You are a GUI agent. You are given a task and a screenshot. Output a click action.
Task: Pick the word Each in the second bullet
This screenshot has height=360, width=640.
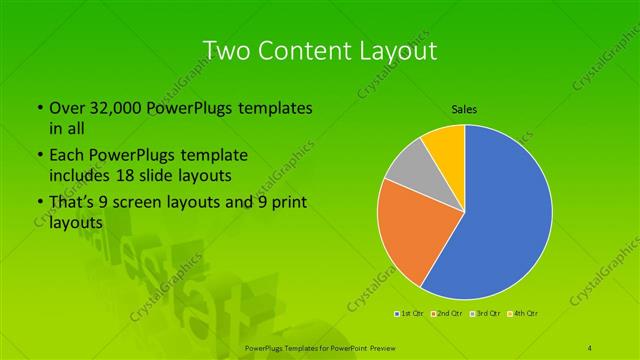click(66, 156)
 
